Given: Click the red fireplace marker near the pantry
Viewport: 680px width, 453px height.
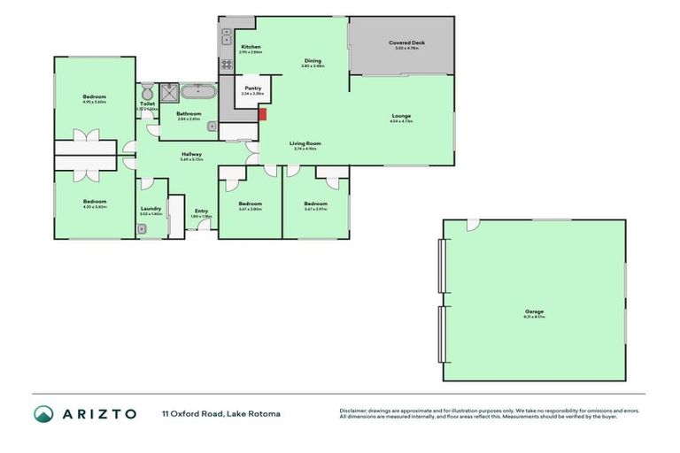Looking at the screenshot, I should [x=262, y=113].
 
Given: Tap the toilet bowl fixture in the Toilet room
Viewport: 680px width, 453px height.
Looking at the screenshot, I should [x=146, y=92].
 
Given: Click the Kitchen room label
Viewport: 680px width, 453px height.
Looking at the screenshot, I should [x=251, y=46].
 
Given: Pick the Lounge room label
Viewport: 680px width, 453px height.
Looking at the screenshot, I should [x=401, y=116].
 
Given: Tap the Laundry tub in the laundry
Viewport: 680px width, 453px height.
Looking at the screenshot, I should [x=143, y=228].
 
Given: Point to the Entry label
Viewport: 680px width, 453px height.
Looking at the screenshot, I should [x=202, y=211].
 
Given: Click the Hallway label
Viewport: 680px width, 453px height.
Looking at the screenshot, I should [x=192, y=154].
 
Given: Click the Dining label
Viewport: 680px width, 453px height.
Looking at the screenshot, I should [x=313, y=60].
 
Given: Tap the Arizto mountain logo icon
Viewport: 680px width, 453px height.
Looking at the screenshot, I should [x=43, y=413].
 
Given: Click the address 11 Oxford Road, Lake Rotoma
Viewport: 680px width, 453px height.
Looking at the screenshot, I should [x=220, y=413].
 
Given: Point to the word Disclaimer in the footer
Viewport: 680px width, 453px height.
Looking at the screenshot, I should [x=355, y=411].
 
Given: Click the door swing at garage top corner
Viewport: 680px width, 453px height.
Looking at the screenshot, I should [x=474, y=225].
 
